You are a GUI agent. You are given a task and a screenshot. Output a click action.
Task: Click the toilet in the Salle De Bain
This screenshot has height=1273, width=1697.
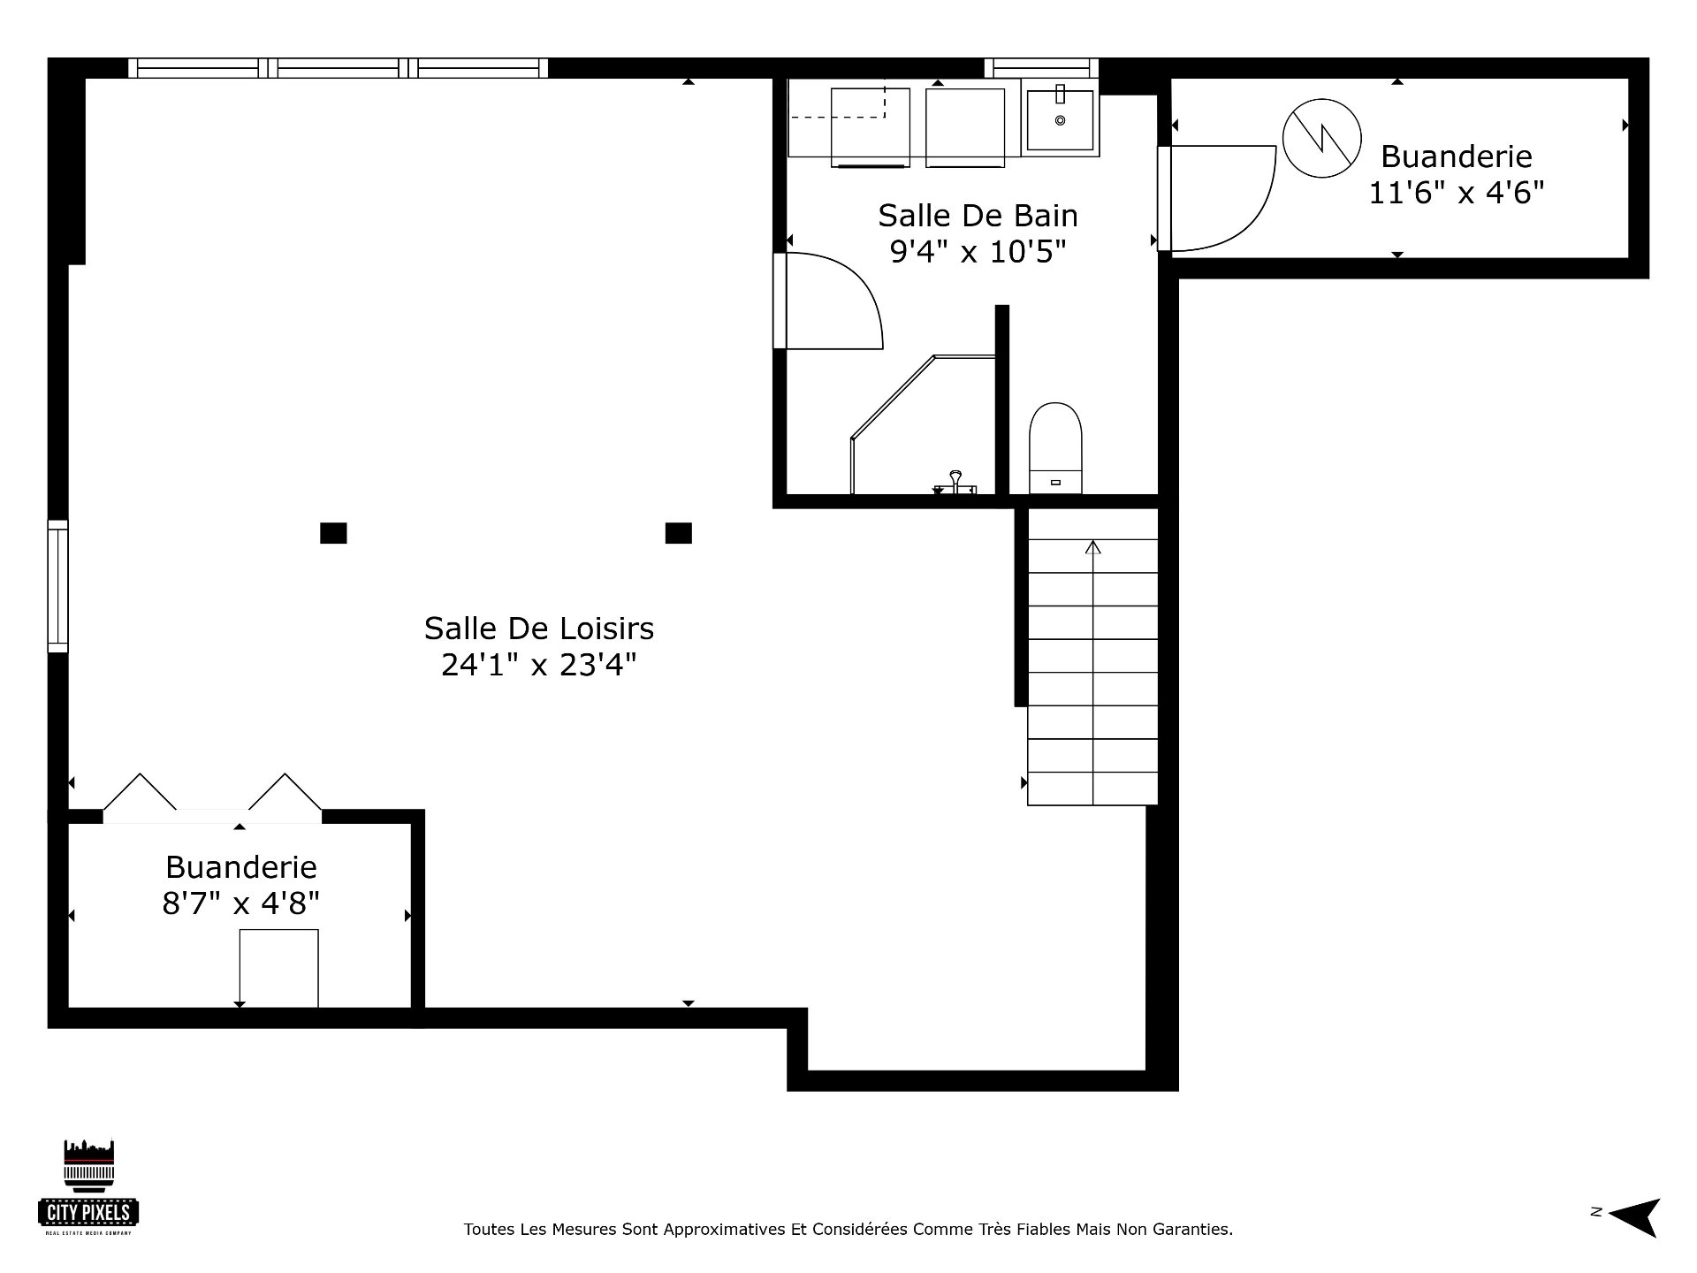(1055, 448)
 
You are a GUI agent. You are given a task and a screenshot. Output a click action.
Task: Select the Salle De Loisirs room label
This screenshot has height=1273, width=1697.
(539, 629)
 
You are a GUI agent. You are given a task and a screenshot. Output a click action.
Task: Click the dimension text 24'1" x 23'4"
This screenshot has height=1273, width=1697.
(539, 665)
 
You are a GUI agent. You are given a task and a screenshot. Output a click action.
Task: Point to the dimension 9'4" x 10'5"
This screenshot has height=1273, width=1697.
(978, 252)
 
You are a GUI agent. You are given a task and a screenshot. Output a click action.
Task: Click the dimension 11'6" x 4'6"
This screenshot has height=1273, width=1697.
(1456, 193)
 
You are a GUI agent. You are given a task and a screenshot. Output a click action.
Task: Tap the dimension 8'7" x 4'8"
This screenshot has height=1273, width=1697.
(240, 903)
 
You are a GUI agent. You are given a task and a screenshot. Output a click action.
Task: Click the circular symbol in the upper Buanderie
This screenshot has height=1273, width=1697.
(1322, 138)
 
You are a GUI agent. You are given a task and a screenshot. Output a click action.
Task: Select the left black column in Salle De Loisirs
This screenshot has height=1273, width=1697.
(333, 533)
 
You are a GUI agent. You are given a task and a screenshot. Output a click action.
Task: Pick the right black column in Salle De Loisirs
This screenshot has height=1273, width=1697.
(678, 533)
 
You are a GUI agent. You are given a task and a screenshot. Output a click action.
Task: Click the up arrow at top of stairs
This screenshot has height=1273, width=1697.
(1093, 547)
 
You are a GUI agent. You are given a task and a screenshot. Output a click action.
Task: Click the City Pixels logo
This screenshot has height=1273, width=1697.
(88, 1187)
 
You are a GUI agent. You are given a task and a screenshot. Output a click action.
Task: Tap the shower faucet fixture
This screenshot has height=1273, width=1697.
(955, 483)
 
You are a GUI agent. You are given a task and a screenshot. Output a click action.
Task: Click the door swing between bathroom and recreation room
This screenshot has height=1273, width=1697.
(830, 301)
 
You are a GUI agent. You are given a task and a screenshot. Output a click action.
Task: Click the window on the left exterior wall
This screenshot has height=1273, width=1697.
(57, 586)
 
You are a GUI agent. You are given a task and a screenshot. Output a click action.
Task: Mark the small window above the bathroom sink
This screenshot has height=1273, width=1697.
(1041, 68)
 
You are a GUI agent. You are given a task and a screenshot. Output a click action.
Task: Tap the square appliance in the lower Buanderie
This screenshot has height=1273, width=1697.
(278, 968)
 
